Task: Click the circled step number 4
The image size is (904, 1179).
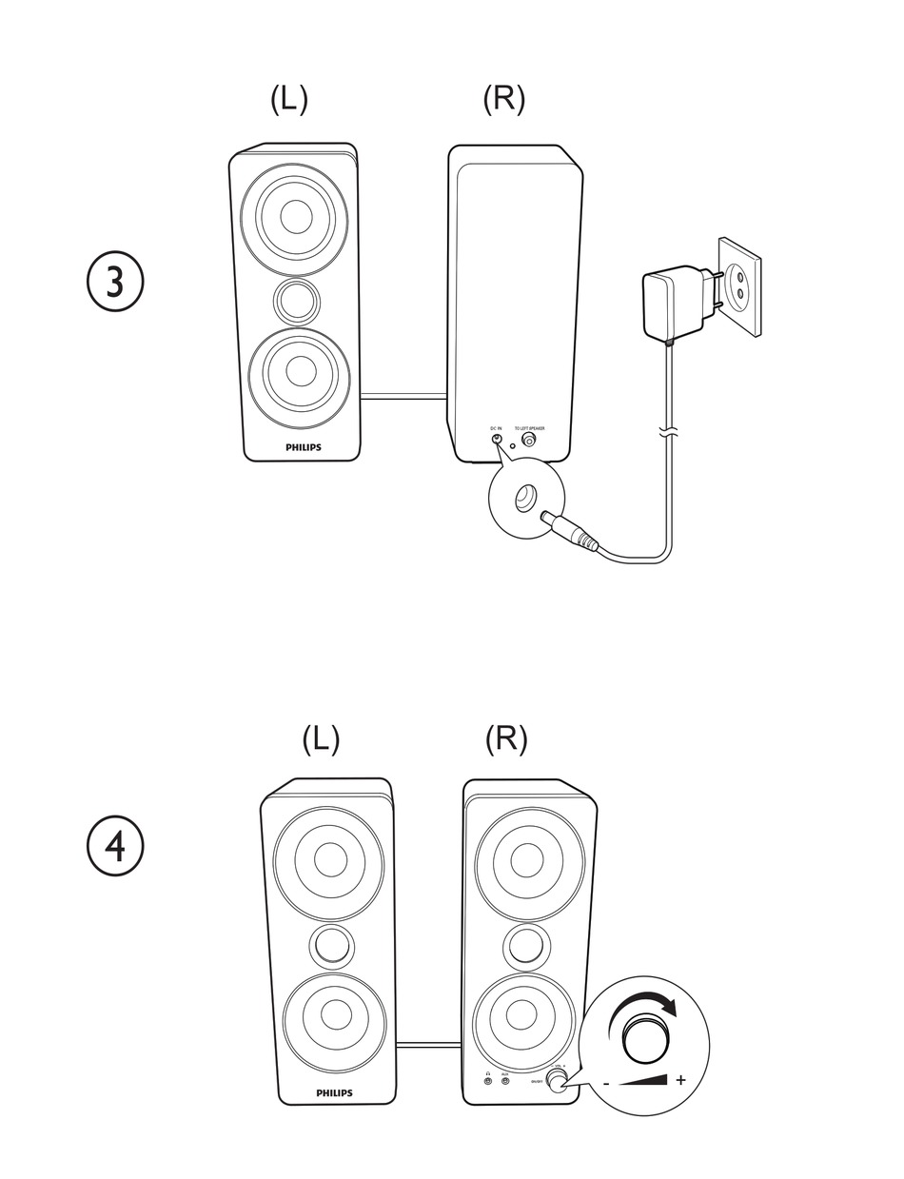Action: click(115, 846)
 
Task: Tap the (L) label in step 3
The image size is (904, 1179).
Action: click(288, 99)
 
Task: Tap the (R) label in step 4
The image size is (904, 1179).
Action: click(505, 738)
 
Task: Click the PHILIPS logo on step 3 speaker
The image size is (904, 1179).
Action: click(304, 446)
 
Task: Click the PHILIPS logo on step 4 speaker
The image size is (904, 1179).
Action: click(334, 1093)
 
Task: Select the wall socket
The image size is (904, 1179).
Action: click(739, 287)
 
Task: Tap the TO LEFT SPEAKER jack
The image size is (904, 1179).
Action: click(529, 441)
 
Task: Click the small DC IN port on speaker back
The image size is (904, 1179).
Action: click(497, 440)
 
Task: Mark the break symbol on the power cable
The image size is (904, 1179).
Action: click(670, 434)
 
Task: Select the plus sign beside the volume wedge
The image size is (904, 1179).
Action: click(680, 1080)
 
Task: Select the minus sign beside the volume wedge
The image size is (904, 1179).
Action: click(606, 1083)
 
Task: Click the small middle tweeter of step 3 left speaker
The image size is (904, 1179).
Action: click(297, 302)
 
